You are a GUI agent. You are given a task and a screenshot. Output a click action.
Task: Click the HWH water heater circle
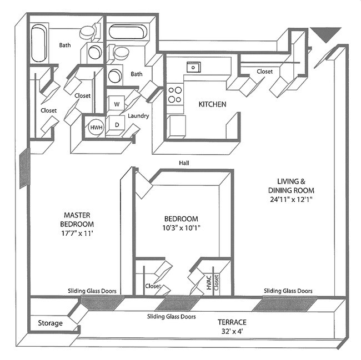click(x=96, y=128)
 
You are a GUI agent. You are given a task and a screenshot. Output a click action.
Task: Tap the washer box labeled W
click(x=117, y=103)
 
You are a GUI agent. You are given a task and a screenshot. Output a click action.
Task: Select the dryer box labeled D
click(x=117, y=124)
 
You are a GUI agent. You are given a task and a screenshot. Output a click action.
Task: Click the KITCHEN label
click(x=212, y=104)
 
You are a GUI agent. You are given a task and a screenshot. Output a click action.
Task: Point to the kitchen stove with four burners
click(x=175, y=94)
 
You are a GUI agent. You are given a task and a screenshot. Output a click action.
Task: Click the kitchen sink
click(x=193, y=67)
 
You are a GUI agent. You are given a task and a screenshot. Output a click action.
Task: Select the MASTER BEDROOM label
click(x=78, y=219)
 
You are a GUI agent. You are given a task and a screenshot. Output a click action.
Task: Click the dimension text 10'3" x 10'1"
click(x=181, y=227)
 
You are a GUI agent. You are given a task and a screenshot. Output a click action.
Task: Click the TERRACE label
click(x=232, y=322)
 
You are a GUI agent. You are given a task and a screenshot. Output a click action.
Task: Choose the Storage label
click(x=50, y=323)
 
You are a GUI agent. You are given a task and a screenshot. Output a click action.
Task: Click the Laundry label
click(x=138, y=116)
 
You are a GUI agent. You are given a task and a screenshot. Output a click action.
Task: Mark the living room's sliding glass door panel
click(x=284, y=305)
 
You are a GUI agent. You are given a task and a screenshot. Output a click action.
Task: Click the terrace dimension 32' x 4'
click(x=232, y=332)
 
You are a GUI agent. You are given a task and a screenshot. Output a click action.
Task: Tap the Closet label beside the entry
click(x=264, y=72)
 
